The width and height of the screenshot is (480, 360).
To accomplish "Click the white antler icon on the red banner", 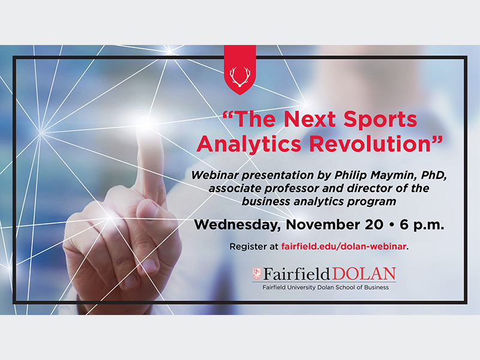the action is point(240,77).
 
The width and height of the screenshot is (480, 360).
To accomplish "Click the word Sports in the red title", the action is point(380,119).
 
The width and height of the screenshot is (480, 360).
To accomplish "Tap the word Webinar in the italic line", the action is point(215,175).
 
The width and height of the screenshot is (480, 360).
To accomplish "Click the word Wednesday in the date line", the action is point(238,225).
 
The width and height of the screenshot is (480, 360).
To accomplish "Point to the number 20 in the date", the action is point(374,224).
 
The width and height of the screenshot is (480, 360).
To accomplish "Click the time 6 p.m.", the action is point(422,225).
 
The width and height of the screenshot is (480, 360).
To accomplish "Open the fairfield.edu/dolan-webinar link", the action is point(344,247).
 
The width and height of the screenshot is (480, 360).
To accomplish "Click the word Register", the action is point(244,247).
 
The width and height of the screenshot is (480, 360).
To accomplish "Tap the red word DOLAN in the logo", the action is point(364,274).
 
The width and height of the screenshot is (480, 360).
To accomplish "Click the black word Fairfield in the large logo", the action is point(296,274).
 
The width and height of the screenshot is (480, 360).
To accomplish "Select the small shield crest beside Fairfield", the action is point(257,274).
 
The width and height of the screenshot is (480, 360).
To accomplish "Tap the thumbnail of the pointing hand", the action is point(149,265).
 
